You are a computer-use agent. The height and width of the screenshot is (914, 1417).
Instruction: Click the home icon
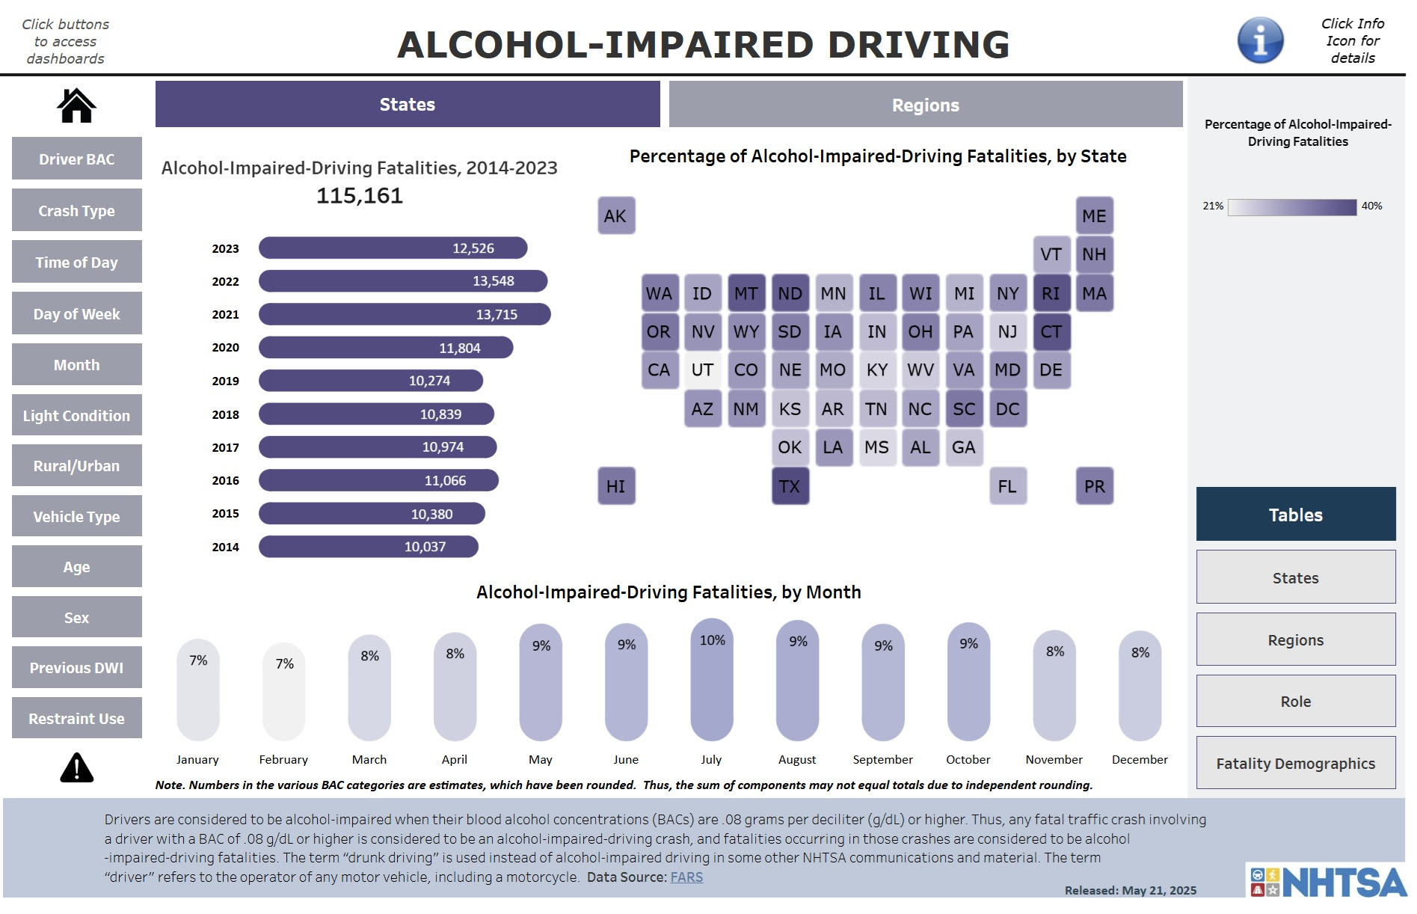coord(76,105)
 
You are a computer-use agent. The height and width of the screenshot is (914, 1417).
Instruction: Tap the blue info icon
coord(1260,40)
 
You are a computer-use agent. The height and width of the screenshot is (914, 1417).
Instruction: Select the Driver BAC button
coord(76,159)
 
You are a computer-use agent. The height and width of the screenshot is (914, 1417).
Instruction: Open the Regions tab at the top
coord(925,105)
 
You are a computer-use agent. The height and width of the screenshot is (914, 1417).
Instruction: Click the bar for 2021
coord(405,314)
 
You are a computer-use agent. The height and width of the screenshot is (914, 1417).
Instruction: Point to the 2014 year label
coord(225,547)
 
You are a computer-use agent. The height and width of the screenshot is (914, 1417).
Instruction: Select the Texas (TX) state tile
coord(790,486)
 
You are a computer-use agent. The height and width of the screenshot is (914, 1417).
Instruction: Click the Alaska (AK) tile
coord(615,216)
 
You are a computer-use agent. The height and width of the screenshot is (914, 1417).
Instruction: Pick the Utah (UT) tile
coord(702,370)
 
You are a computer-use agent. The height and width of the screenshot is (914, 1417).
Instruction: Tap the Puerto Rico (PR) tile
coord(1094,486)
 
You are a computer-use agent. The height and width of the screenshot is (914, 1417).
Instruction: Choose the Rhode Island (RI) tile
coord(1051,293)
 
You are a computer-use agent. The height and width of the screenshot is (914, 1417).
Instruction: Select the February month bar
coord(284,692)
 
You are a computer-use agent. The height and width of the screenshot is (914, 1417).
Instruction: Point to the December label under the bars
coord(1139,759)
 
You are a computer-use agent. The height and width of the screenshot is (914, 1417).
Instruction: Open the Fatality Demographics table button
coord(1295,763)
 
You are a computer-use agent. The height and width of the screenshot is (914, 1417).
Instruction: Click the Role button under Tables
coord(1295,702)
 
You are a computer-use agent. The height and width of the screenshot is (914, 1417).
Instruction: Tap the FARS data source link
coord(686,877)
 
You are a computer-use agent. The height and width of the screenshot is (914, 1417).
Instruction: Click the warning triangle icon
coord(76,768)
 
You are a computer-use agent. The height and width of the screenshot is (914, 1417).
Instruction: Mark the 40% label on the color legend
coord(1371,206)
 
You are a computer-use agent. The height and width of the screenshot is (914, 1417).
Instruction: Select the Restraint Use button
coord(76,718)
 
